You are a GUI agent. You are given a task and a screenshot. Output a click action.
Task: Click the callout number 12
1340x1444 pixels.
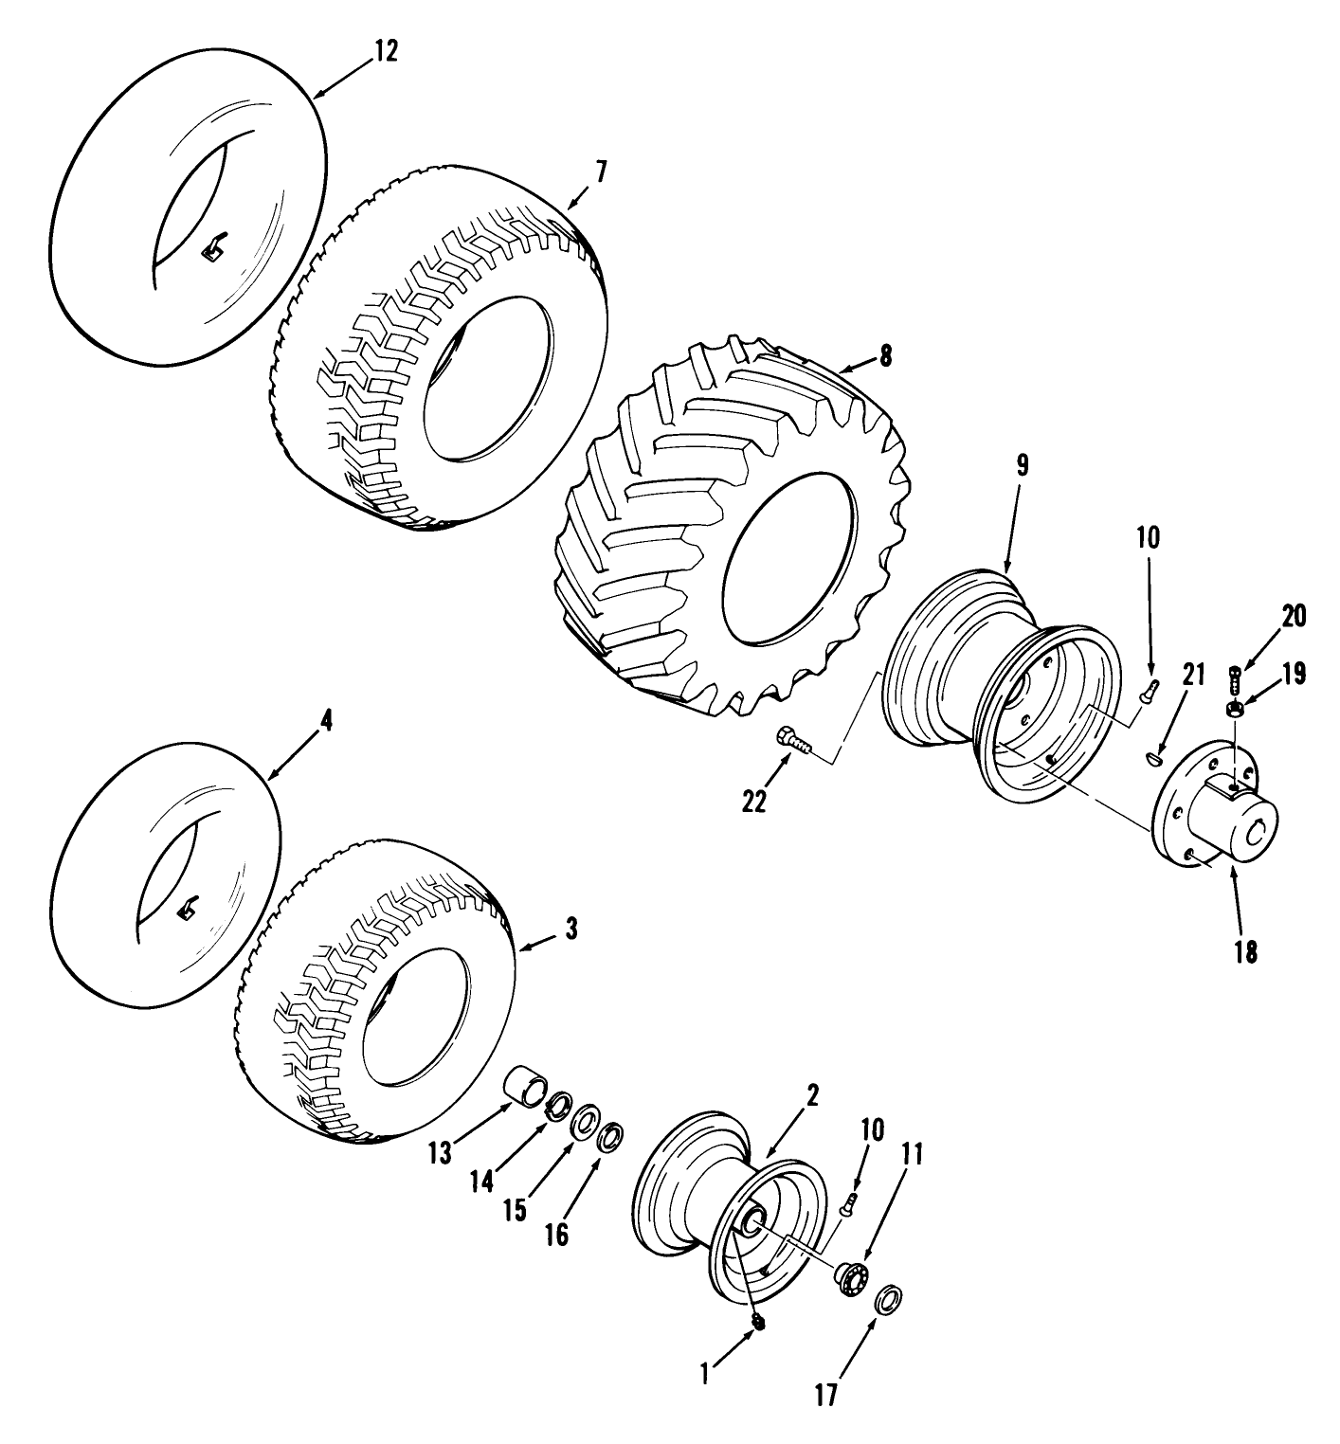click(386, 50)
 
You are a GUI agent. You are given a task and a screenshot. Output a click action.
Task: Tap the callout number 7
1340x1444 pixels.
click(602, 171)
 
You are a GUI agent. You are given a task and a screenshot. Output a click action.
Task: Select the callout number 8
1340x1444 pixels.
click(885, 355)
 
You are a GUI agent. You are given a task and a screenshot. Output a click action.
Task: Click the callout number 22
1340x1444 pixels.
click(754, 801)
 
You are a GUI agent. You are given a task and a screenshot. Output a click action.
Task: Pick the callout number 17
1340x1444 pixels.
click(826, 1397)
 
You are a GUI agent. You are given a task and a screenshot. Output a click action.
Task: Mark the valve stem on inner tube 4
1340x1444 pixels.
click(187, 910)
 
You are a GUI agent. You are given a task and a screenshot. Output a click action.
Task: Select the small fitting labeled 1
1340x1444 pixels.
click(757, 1321)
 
